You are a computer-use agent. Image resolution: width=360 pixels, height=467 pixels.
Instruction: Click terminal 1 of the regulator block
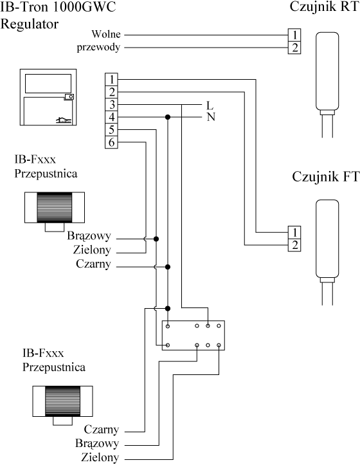112,80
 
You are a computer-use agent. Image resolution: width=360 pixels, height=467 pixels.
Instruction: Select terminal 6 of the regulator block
112,142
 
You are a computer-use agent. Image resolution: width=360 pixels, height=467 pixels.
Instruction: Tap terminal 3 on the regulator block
112,105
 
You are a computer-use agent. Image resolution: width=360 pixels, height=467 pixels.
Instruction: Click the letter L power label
210,105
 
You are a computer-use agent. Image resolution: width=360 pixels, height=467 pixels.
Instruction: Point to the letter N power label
211,117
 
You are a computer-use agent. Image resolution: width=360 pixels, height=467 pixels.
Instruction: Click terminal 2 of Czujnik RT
294,48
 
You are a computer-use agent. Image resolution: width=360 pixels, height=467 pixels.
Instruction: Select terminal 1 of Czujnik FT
294,232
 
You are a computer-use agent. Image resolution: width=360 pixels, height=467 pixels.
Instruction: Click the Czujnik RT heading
325,6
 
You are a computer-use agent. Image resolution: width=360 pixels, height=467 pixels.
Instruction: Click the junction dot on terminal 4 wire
168,117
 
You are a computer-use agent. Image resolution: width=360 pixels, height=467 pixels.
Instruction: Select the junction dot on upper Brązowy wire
156,239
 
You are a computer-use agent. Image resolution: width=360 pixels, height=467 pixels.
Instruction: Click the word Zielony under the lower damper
100,457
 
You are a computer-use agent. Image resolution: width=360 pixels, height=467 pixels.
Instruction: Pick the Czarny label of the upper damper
93,264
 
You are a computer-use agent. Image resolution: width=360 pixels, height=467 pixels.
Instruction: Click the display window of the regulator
48,84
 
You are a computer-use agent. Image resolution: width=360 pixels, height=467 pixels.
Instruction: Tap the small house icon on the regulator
64,120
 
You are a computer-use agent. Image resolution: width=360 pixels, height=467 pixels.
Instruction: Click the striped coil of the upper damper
55,207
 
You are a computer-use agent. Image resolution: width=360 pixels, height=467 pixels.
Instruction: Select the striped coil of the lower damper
62,401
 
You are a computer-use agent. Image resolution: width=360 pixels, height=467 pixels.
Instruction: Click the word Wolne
106,34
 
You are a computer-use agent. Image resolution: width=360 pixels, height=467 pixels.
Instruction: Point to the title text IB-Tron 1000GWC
58,7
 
